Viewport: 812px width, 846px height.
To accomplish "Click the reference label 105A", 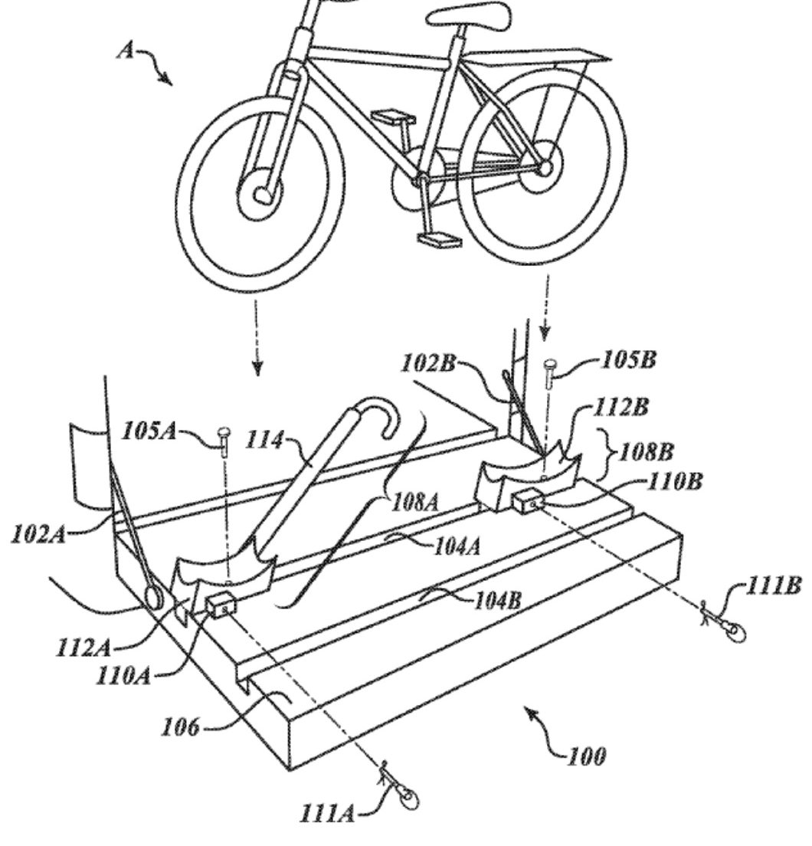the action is pos(149,431).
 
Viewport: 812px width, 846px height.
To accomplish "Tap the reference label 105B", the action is pos(628,359).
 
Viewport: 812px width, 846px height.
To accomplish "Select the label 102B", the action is pos(429,363).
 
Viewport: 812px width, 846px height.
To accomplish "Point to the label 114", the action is pos(264,441).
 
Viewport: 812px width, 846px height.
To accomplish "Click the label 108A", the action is pos(414,503).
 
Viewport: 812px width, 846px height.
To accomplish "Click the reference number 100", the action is pos(587,756).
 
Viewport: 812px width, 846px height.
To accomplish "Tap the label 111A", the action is pos(327,812).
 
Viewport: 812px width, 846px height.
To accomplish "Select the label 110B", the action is pos(674,481).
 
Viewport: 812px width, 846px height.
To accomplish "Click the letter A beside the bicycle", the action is pos(126,51).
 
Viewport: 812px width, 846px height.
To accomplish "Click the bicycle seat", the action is pos(468,15).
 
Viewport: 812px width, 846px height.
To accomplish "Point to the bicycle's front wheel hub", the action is pos(260,194).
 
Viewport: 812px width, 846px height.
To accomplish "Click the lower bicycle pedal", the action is pos(440,240).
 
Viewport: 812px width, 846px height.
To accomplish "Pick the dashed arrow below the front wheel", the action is pos(257,337).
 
